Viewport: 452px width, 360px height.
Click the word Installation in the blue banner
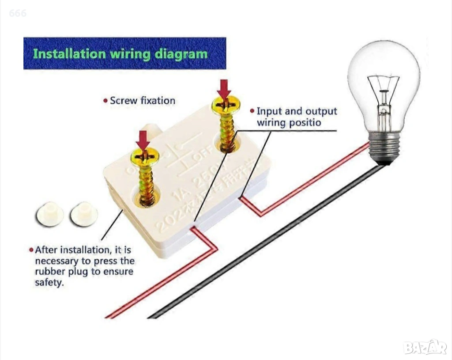pos(70,54)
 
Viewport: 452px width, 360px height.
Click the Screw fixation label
pos(142,101)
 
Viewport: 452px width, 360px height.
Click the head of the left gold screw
pos(144,157)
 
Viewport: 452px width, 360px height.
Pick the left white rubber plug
pos(49,214)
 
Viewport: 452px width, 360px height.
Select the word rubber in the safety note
pos(52,272)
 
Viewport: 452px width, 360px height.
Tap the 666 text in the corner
pos(18,13)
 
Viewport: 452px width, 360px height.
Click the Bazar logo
pos(425,347)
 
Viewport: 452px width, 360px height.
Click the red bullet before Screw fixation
pos(105,101)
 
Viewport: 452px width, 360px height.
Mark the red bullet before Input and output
pos(252,111)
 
